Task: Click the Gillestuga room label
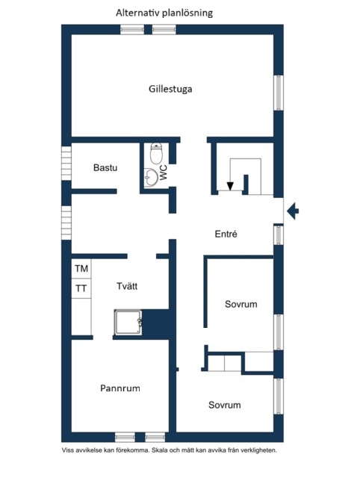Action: [x=170, y=89]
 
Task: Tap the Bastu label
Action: [x=105, y=167]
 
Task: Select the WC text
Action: [x=164, y=173]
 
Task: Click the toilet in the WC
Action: [x=156, y=153]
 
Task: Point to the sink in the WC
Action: [x=151, y=177]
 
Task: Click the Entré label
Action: [x=226, y=234]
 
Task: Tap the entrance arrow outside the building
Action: [x=293, y=211]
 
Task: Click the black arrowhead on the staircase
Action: [x=230, y=186]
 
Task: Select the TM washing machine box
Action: [x=81, y=269]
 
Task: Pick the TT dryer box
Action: [x=81, y=288]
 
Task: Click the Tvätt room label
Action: [x=127, y=286]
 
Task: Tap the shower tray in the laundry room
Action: [x=128, y=322]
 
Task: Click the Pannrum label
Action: [x=120, y=388]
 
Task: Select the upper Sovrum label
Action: [x=240, y=304]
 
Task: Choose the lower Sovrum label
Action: [x=225, y=405]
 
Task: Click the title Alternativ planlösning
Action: [x=164, y=13]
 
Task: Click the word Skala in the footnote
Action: [x=159, y=450]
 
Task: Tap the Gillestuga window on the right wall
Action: [x=279, y=93]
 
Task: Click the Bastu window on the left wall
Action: [x=66, y=164]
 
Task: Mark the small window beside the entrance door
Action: [x=279, y=235]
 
